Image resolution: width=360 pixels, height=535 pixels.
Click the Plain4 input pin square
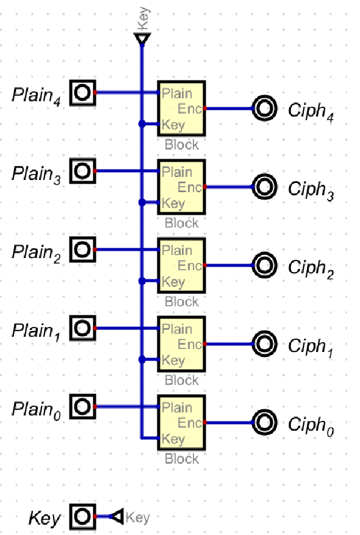click(x=82, y=93)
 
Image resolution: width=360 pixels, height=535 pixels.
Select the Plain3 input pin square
click(x=82, y=171)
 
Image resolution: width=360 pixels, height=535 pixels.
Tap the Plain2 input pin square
click(x=82, y=250)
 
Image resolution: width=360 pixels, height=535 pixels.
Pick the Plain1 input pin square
click(x=82, y=329)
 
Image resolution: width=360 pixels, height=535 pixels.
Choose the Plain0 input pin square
click(x=82, y=407)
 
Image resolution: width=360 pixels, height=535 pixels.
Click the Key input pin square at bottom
click(x=82, y=517)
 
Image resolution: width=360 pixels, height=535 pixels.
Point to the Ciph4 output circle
click(x=265, y=109)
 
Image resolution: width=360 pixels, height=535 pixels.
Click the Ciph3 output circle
click(x=265, y=187)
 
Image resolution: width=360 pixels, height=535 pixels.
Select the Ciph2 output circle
click(x=265, y=265)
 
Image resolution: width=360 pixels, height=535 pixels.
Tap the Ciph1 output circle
click(x=265, y=344)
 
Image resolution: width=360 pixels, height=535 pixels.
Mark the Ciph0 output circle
click(x=265, y=422)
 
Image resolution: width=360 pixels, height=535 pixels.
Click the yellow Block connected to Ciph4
click(x=182, y=108)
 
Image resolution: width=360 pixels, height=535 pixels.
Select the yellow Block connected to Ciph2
click(x=182, y=265)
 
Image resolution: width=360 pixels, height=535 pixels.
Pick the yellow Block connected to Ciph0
click(x=182, y=422)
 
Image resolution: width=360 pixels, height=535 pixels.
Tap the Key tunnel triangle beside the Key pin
click(x=117, y=517)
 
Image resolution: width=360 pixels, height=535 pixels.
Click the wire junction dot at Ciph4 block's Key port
click(x=142, y=124)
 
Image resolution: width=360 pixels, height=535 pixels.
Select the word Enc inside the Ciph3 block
click(x=190, y=187)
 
